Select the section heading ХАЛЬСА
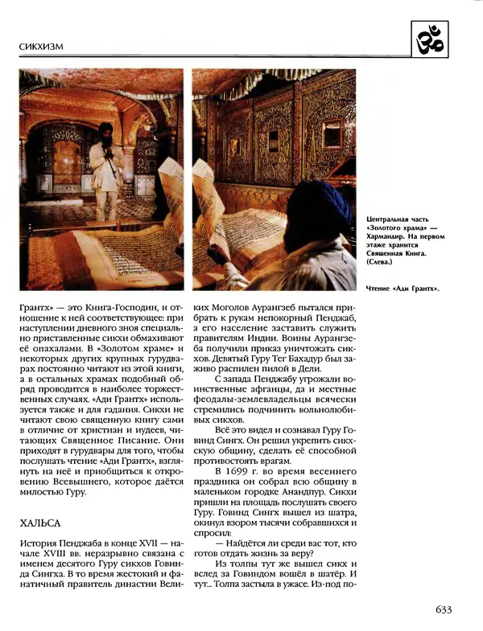40,523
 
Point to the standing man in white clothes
102,173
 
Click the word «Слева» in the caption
383,263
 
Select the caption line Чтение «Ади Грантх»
407,288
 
